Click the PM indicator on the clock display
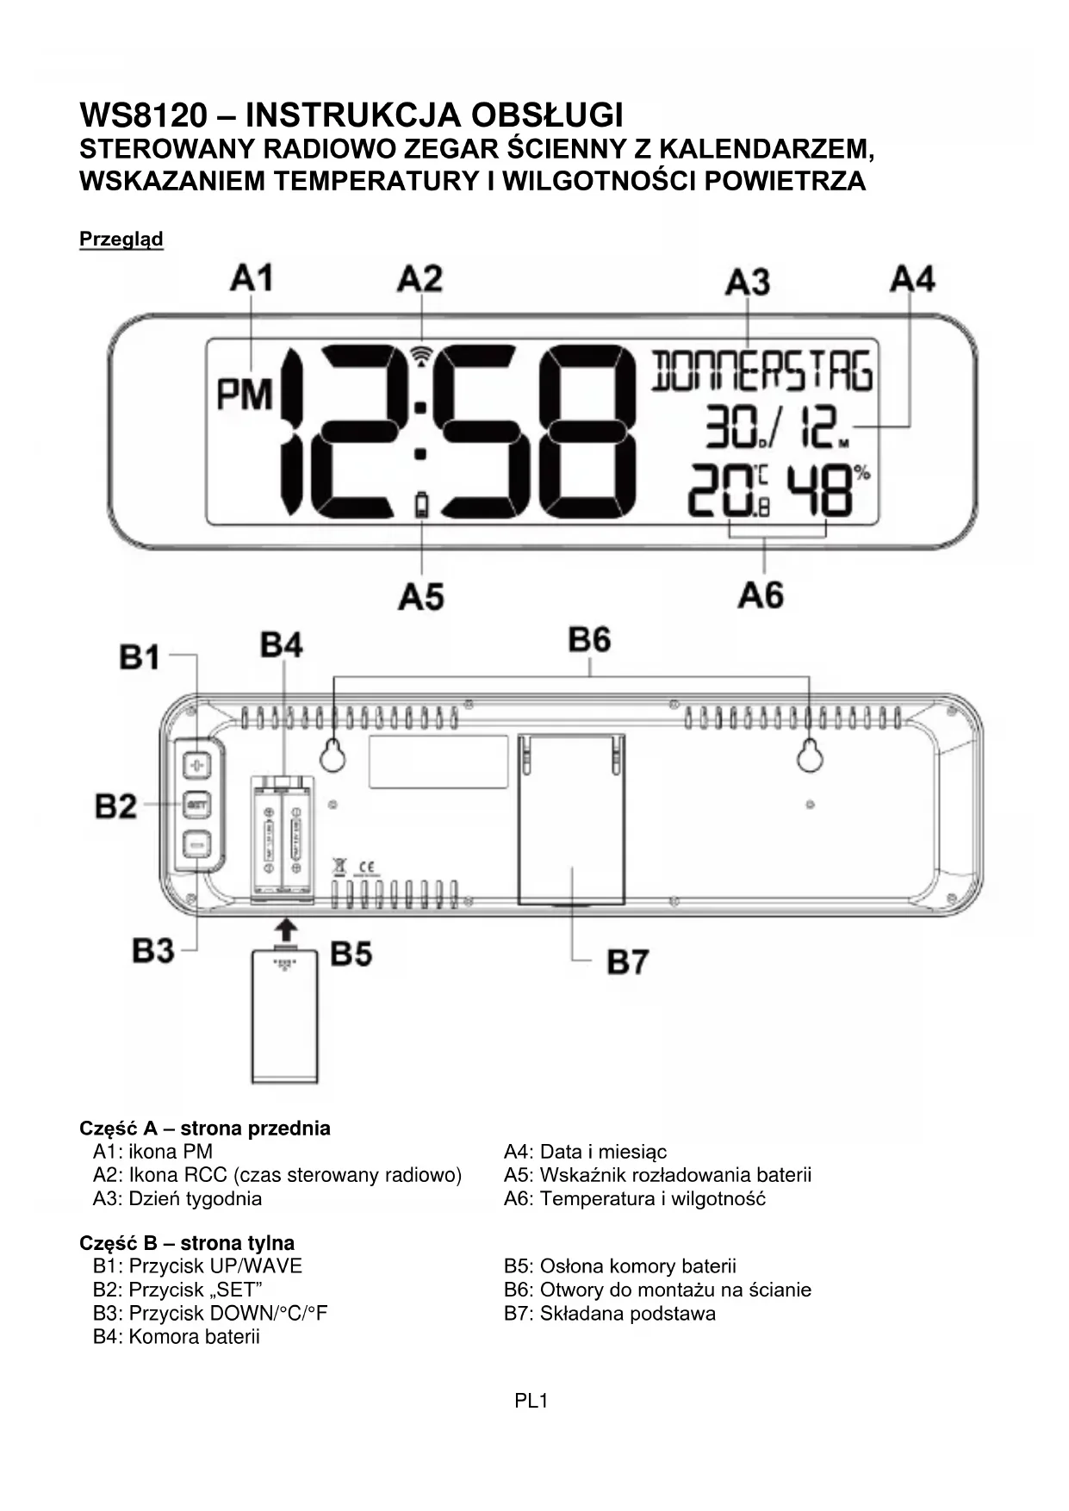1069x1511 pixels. [x=244, y=395]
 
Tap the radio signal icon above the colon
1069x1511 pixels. [x=421, y=355]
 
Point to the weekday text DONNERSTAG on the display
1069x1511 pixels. [x=761, y=371]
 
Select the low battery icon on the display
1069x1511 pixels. [x=421, y=505]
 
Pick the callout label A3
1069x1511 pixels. [x=747, y=282]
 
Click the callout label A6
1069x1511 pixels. [x=761, y=595]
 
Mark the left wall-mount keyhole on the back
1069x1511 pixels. [x=333, y=756]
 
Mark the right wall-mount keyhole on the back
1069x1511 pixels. [x=808, y=756]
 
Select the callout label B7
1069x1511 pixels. [x=627, y=961]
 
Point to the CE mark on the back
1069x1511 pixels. [x=364, y=866]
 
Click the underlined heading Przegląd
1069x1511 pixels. [x=121, y=239]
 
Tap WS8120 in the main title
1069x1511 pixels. [x=144, y=115]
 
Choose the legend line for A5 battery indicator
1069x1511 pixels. [x=657, y=1175]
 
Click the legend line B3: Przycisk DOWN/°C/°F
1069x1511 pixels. [x=210, y=1313]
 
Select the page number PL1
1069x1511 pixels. [x=531, y=1401]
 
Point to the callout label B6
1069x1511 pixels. [x=589, y=640]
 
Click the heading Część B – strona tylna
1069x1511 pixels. [x=187, y=1242]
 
